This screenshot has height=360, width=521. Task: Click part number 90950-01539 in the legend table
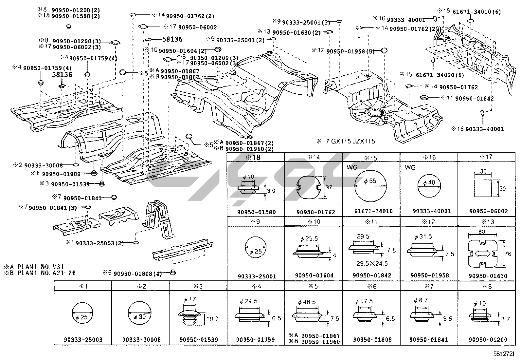(198, 340)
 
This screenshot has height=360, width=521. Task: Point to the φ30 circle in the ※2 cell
(140, 313)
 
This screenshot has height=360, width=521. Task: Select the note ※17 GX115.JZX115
(346, 142)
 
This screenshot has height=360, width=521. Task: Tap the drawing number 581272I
(504, 354)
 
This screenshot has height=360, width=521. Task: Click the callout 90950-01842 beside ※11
(474, 98)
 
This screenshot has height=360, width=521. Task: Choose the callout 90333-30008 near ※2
(44, 166)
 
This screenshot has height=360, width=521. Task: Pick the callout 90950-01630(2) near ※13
(296, 33)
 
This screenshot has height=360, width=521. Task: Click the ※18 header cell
(256, 157)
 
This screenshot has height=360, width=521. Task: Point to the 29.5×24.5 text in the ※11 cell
(372, 263)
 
